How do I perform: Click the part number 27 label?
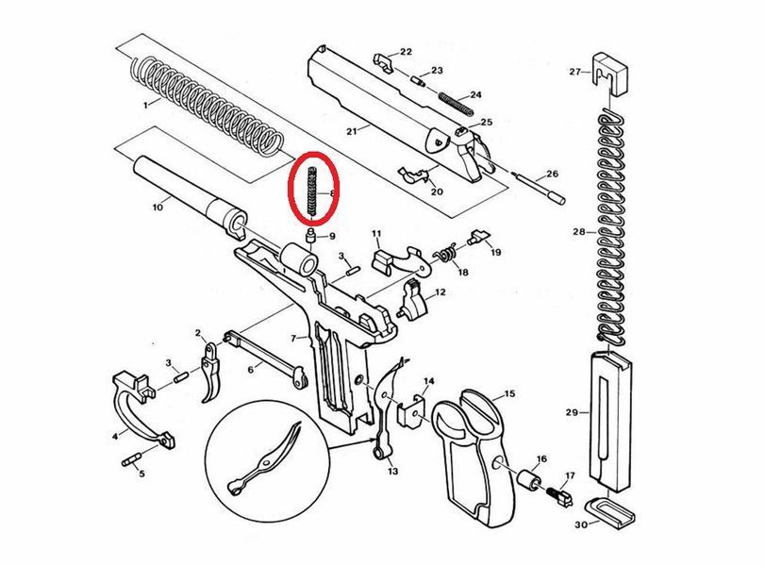click(574, 72)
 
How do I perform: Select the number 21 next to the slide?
click(352, 131)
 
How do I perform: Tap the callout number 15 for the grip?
click(509, 393)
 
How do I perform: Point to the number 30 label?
click(581, 525)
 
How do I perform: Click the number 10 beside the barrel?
click(158, 208)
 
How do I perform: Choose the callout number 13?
click(392, 471)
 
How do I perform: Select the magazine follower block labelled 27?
click(610, 75)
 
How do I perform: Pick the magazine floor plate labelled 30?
click(608, 512)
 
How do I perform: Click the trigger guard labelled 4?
click(141, 408)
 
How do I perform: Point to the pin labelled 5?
click(131, 459)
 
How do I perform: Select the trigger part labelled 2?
click(211, 372)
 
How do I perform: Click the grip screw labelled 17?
click(560, 496)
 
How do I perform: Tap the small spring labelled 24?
click(456, 104)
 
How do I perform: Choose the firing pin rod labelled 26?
click(540, 187)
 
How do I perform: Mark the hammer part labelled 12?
click(413, 300)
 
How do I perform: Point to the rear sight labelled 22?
click(385, 63)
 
